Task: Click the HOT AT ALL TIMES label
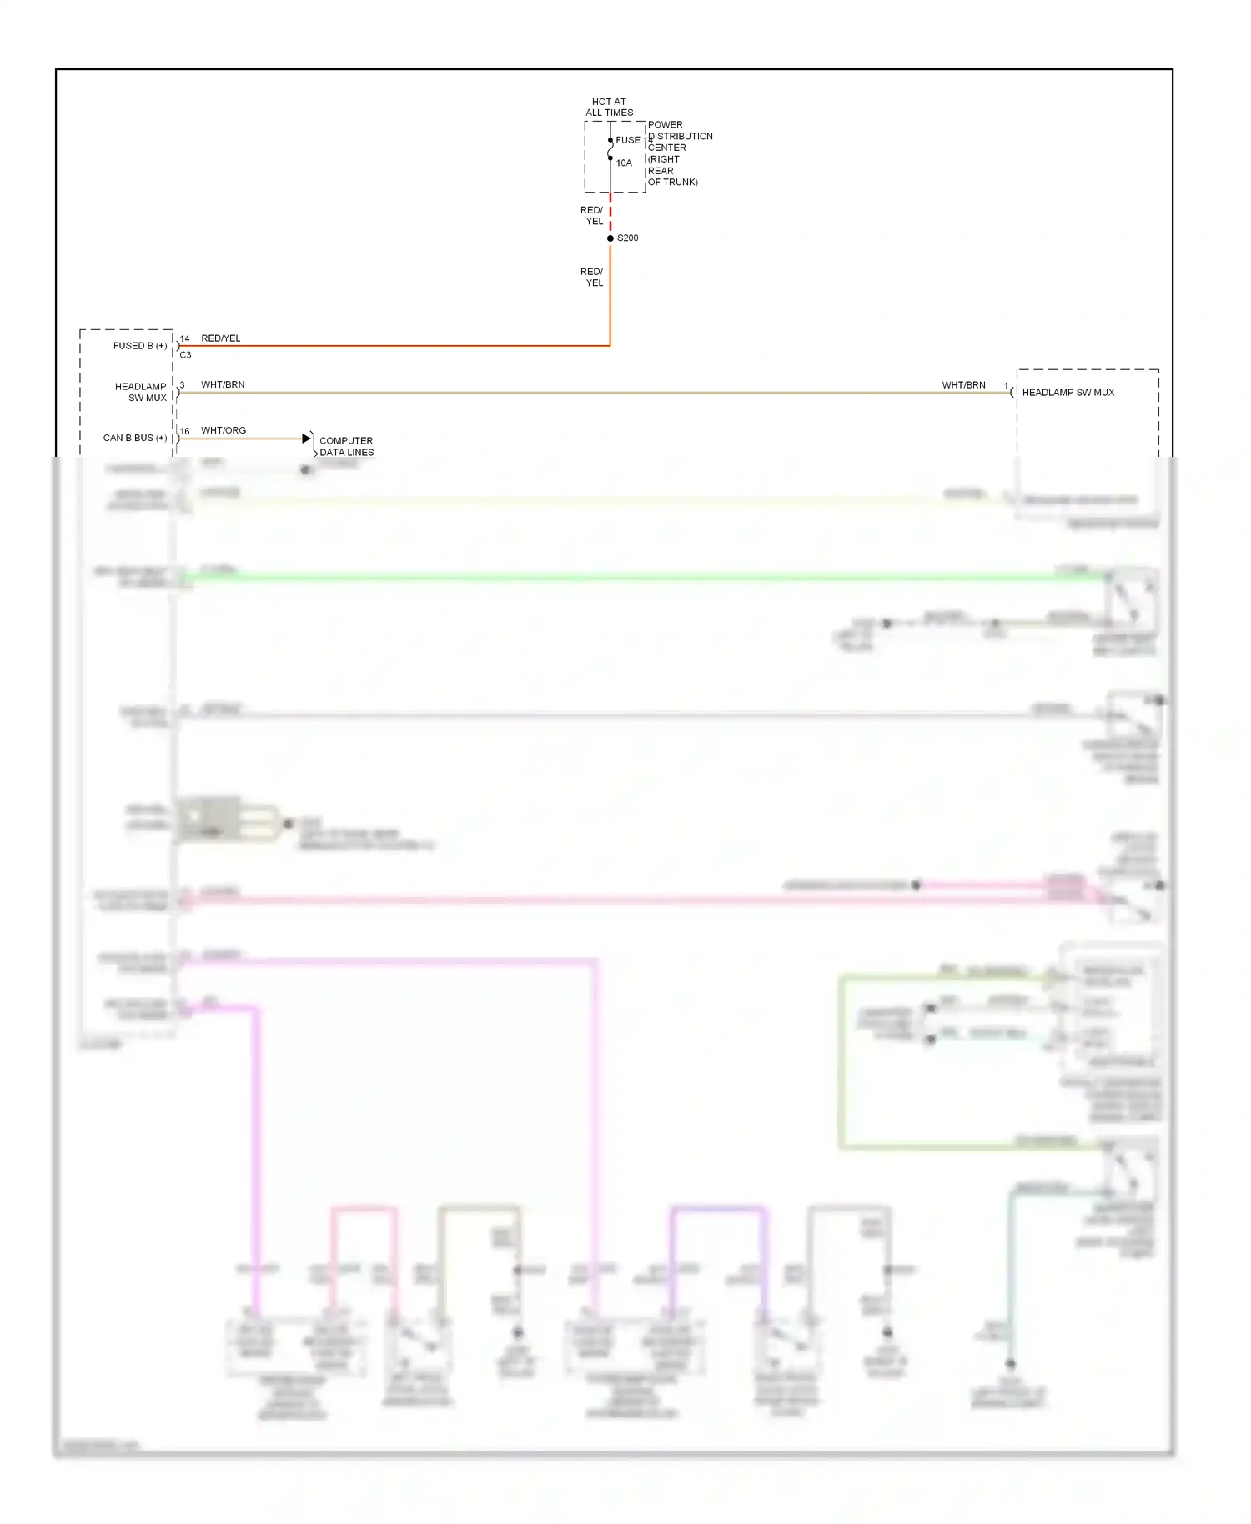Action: [609, 108]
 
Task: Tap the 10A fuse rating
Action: [624, 163]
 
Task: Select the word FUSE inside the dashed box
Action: [628, 140]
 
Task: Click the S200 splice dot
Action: [610, 238]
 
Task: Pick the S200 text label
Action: [628, 238]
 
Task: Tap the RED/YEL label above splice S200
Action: [592, 216]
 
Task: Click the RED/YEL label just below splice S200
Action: [592, 278]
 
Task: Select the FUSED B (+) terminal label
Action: [140, 346]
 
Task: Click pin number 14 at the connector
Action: [184, 339]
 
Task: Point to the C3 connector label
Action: [185, 355]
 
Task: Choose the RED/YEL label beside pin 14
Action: [221, 338]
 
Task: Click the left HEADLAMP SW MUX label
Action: [141, 393]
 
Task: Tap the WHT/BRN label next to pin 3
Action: [223, 384]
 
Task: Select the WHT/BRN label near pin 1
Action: [963, 385]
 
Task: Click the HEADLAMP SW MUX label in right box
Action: [1068, 393]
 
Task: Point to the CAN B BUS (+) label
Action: [135, 438]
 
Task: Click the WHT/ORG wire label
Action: [224, 430]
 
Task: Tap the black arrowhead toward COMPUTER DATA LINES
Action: [306, 439]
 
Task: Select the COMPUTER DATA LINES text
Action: [347, 447]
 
